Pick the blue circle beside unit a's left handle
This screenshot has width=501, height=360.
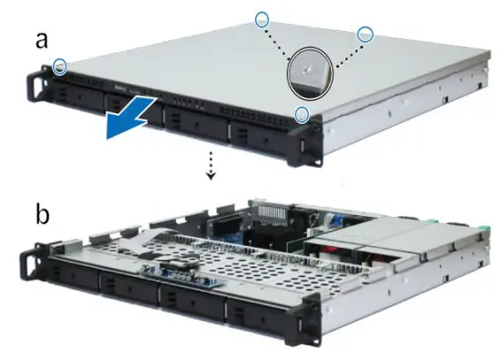60,66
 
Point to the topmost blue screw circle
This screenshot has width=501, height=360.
262,17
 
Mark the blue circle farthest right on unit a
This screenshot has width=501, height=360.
366,33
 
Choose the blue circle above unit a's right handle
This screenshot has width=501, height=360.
302,113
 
